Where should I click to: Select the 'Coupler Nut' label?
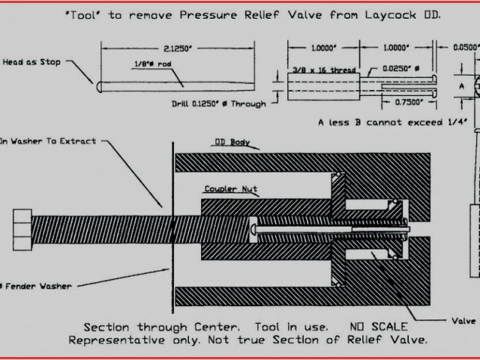coord(230,189)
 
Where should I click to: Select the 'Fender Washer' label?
coord(36,285)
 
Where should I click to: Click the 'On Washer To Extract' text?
coord(47,140)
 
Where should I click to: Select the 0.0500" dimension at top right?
coord(465,46)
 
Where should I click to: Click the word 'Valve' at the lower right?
coord(463,320)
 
